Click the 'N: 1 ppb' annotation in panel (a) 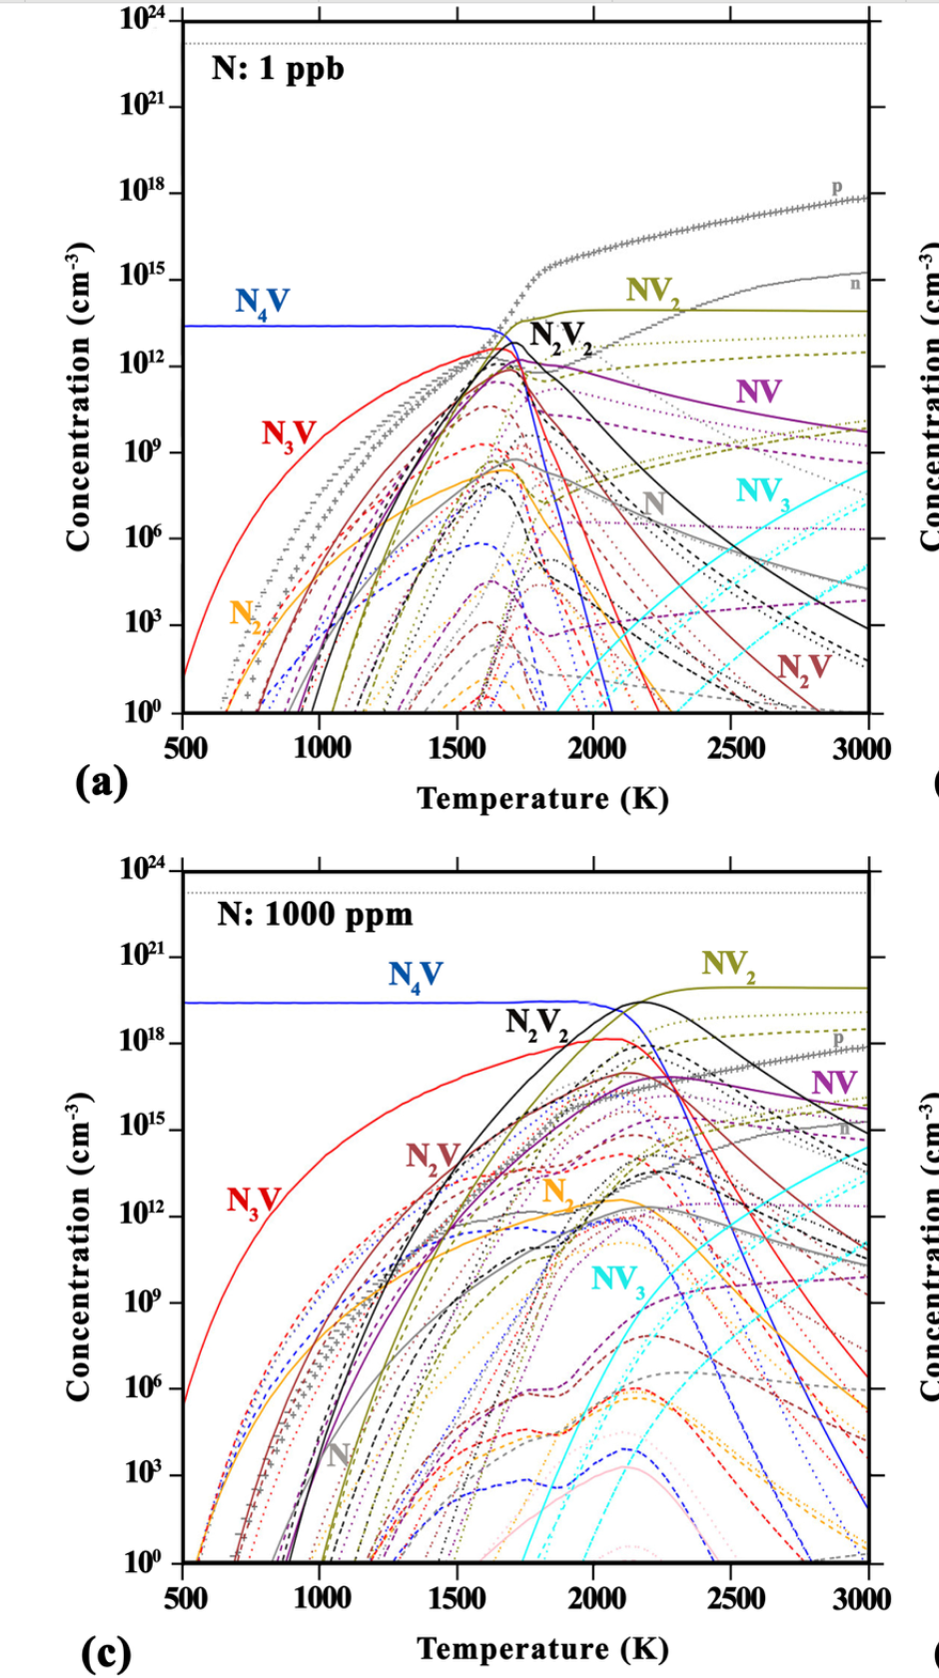pos(278,69)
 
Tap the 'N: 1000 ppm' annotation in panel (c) pos(315,914)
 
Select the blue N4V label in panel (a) pos(263,302)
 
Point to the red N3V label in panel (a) pos(289,434)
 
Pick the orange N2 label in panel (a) pos(246,613)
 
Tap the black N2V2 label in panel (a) pos(560,337)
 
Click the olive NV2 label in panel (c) pos(728,965)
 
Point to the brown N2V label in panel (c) pos(432,1158)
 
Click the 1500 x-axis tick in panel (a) pos(458,748)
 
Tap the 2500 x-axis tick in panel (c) pos(735,1598)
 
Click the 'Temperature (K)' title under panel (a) pos(542,799)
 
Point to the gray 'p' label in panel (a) pos(837,188)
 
